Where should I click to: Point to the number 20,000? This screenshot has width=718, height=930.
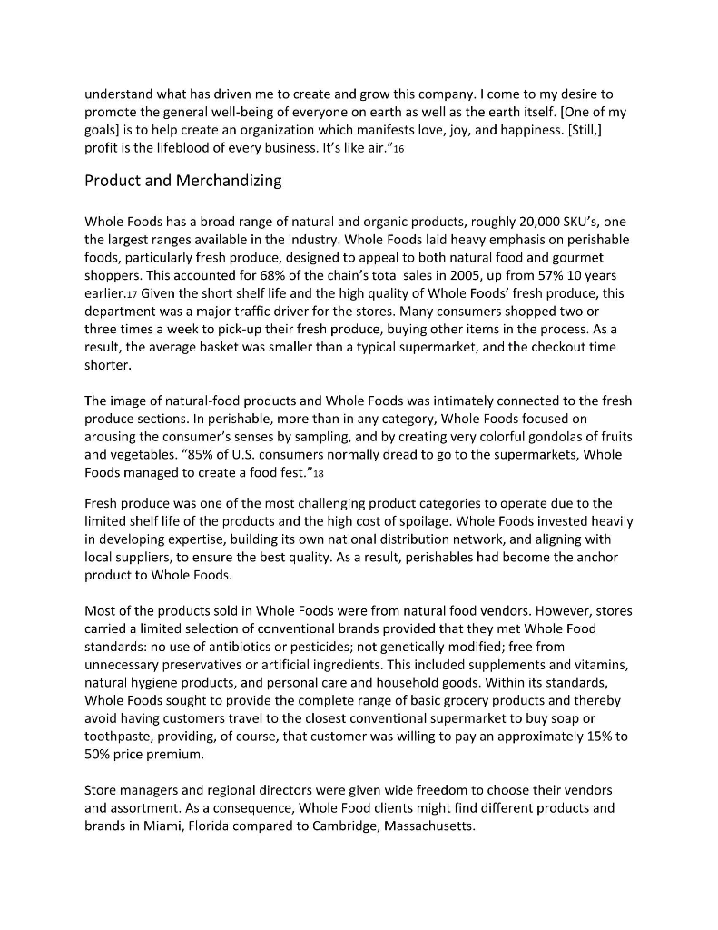497,222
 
